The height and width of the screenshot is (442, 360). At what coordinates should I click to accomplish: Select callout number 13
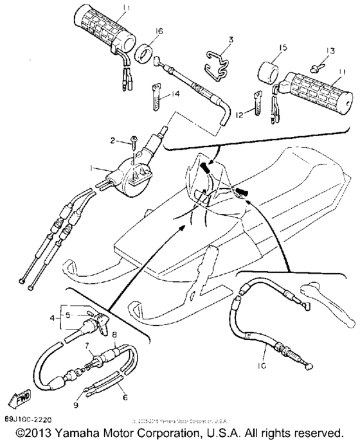point(330,49)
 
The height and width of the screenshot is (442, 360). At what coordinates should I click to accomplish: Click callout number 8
point(115,335)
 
